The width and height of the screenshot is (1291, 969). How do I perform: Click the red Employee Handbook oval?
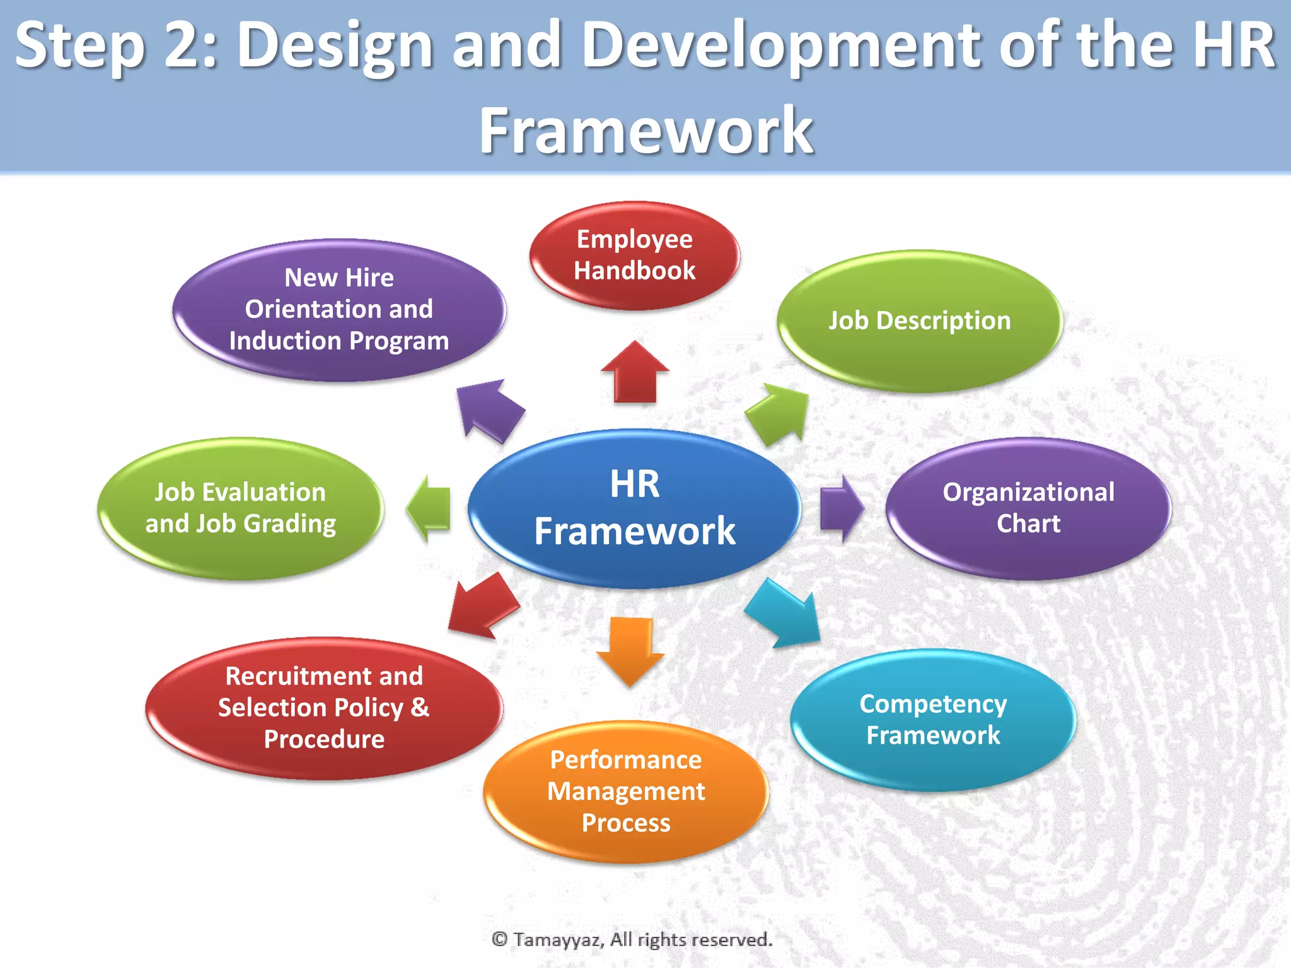[x=635, y=255]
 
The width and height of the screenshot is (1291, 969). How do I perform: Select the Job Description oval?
[x=920, y=321]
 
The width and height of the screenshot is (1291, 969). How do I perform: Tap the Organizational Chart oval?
[x=1028, y=508]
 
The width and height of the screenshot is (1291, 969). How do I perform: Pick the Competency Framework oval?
[x=933, y=720]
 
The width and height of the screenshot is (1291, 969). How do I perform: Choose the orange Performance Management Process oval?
[x=626, y=792]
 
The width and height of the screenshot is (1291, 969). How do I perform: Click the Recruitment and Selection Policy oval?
[x=324, y=708]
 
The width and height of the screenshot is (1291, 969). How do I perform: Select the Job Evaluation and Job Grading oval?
[x=240, y=508]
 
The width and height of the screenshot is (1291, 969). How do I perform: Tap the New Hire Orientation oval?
[x=339, y=310]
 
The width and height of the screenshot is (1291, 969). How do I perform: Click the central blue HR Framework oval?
[x=635, y=508]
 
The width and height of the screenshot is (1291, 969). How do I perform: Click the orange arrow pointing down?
[x=630, y=650]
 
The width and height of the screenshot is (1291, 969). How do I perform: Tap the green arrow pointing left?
[x=429, y=508]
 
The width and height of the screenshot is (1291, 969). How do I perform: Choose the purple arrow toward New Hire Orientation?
[x=488, y=410]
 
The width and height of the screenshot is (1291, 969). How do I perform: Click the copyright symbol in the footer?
[x=499, y=940]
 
